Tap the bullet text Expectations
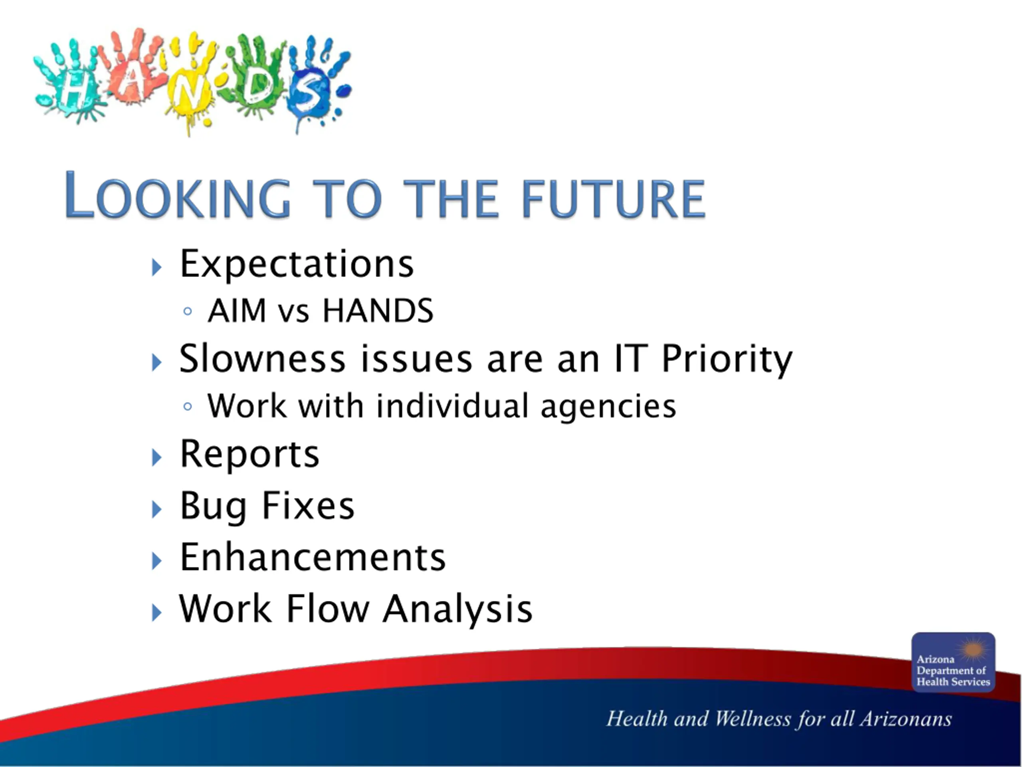[297, 264]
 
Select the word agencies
[608, 407]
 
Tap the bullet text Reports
[250, 454]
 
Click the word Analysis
[458, 609]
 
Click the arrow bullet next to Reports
[157, 458]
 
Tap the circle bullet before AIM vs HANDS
[187, 311]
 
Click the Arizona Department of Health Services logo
[953, 662]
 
